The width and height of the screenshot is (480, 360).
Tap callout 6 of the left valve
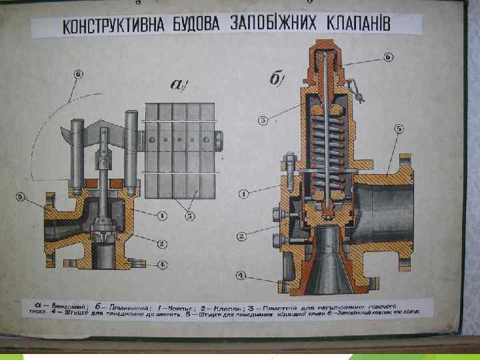78,74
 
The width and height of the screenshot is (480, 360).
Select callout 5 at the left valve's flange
21,196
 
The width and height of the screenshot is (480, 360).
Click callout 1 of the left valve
162,215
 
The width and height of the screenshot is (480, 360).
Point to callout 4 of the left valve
162,263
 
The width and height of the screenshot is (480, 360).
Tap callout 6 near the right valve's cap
388,57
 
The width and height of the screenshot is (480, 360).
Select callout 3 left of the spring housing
263,120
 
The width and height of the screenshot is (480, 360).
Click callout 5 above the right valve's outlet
399,128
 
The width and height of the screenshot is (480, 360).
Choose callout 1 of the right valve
245,193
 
